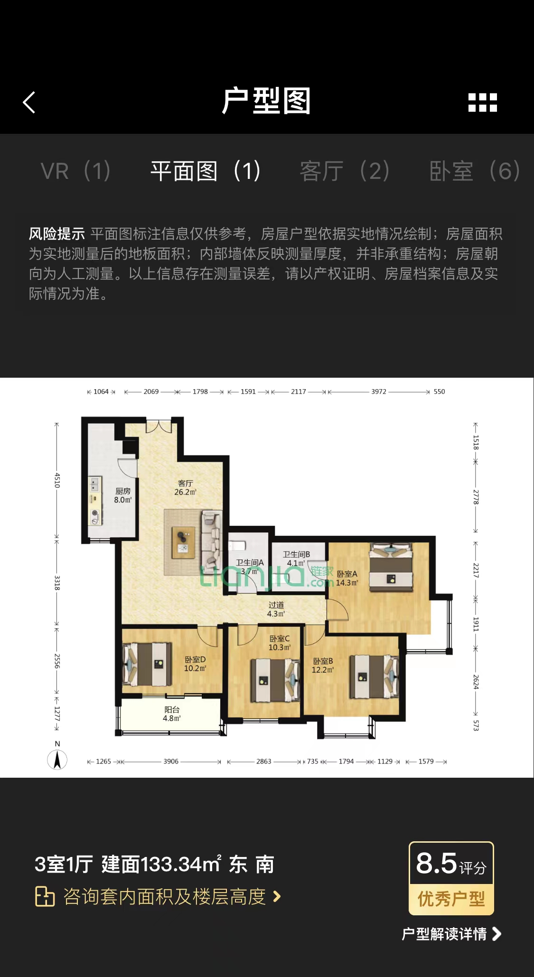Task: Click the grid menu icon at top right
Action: point(482,102)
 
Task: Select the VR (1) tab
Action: point(75,171)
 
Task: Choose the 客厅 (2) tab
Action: point(345,171)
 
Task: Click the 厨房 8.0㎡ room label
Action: point(123,495)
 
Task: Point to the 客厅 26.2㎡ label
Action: point(185,488)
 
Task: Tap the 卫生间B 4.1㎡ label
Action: point(296,558)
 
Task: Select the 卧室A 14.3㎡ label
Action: point(347,578)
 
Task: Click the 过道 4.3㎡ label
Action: point(276,609)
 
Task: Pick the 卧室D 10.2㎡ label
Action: point(195,664)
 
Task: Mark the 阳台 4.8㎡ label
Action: point(172,714)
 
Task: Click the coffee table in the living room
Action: point(183,542)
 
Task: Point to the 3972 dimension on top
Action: point(379,391)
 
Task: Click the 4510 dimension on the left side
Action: point(57,480)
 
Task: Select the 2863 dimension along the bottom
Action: point(264,761)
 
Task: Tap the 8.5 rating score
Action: point(436,863)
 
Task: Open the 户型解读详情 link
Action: point(451,934)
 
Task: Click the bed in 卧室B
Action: point(374,677)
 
